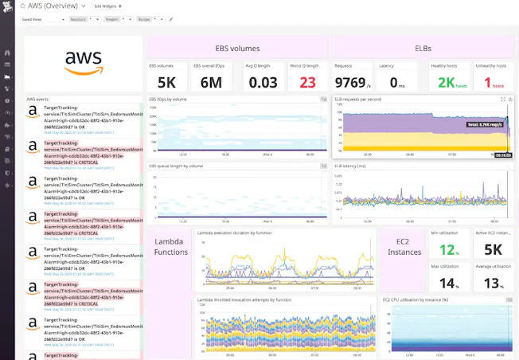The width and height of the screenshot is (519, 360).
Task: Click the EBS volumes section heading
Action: point(237,48)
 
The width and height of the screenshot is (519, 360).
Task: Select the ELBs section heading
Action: point(423,48)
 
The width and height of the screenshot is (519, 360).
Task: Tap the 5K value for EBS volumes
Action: point(166,81)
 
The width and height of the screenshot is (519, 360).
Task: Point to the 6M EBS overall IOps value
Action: point(212,81)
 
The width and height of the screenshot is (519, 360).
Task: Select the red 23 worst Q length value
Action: point(307,81)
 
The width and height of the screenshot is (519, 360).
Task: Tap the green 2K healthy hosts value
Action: point(447,81)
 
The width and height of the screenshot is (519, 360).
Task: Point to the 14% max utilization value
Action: point(448,284)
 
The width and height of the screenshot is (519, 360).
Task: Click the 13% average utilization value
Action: point(494,284)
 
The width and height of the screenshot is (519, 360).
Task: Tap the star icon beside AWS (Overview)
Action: point(23,6)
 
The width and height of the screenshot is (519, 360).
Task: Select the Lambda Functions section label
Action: point(171,247)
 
